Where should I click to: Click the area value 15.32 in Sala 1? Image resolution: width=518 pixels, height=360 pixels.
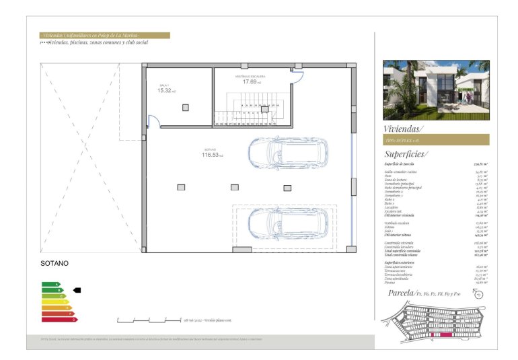165,91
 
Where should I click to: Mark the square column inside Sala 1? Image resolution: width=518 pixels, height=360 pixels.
186,107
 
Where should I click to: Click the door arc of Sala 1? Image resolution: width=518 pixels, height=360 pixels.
154,122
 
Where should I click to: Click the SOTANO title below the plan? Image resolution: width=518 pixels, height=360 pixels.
55,264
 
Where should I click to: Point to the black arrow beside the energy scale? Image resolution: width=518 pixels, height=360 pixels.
77,290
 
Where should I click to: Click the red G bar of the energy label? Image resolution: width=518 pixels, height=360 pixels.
59,319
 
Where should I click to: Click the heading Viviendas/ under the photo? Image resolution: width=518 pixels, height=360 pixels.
404,128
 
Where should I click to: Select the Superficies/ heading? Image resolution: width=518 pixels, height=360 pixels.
406,154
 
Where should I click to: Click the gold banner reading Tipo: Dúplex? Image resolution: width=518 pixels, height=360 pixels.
436,140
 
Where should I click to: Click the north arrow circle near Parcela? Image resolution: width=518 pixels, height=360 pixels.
480,293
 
